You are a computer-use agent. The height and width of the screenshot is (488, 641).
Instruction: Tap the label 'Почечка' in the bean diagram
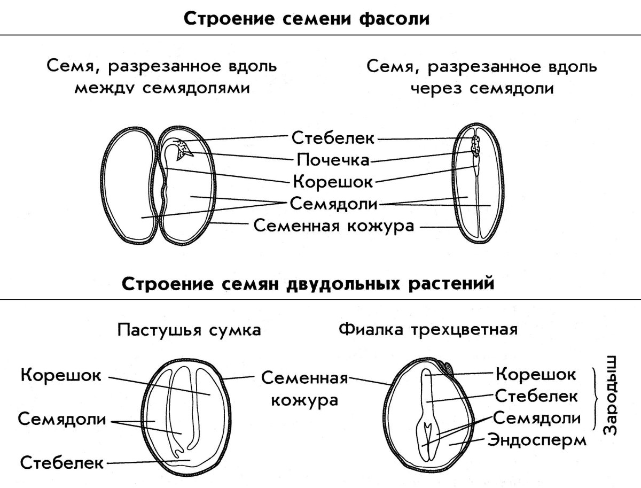332,160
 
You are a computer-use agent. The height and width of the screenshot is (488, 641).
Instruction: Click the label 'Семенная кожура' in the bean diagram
333,226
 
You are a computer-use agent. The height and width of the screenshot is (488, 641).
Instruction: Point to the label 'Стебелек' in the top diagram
333,138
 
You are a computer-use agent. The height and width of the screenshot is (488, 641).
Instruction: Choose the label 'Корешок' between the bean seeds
332,182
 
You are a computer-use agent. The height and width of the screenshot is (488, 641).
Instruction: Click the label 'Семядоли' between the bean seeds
333,204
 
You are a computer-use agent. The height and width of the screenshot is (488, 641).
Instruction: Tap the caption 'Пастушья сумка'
189,330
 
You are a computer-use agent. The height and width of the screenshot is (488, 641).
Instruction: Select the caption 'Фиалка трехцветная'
428,329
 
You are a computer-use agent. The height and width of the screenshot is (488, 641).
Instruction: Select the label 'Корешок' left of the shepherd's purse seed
61,375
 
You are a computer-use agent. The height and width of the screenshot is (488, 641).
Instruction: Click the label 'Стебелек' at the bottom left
61,462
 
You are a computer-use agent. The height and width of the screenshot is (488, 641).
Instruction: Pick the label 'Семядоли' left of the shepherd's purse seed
61,419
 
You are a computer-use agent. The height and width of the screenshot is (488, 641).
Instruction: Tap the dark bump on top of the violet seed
449,368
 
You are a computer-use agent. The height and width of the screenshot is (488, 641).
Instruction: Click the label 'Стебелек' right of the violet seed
536,396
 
